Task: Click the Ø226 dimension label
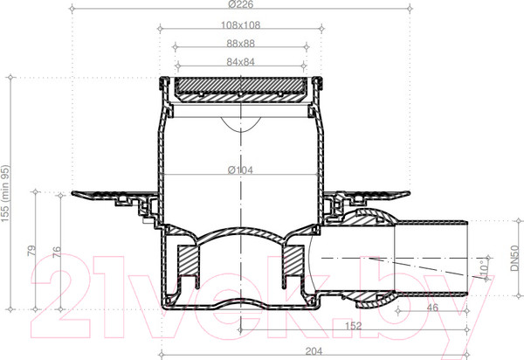click(x=241, y=4)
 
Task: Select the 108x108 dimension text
click(x=241, y=25)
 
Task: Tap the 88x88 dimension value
click(x=241, y=44)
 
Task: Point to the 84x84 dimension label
click(x=241, y=62)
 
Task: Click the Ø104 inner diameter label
click(x=241, y=170)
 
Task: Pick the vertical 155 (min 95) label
click(x=6, y=193)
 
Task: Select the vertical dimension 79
click(x=31, y=251)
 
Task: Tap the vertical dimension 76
click(x=57, y=252)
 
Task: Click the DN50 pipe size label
click(x=515, y=258)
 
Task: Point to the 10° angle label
click(x=484, y=268)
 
